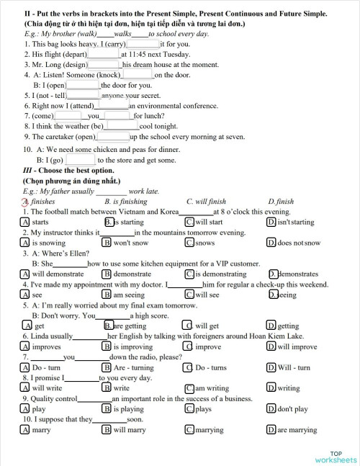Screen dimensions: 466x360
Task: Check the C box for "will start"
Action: coord(189,223)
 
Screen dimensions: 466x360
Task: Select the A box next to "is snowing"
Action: coord(26,243)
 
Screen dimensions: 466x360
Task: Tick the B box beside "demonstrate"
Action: coord(107,274)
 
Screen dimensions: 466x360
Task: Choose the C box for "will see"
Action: coord(189,295)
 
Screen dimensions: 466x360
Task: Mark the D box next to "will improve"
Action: coord(271,346)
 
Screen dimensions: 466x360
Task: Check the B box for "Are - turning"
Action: coord(107,367)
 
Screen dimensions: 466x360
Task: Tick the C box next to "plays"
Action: coord(189,409)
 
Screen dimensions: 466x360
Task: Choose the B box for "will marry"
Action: coord(107,430)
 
